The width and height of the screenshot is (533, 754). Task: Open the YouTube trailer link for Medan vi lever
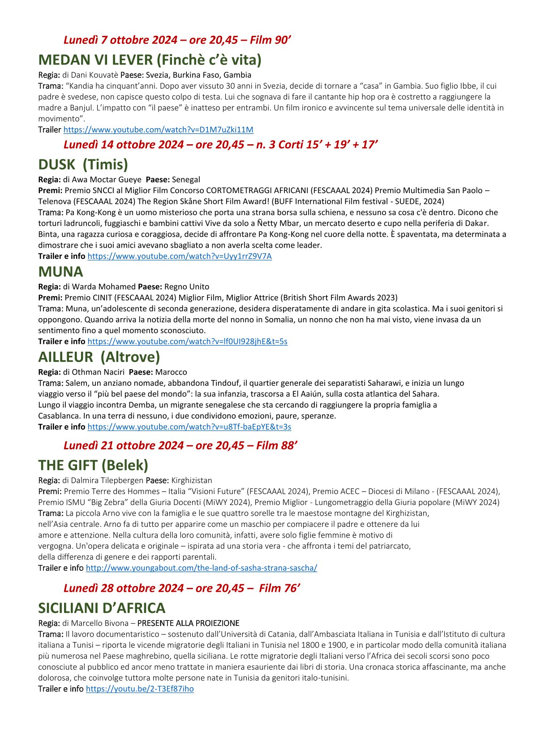(158, 130)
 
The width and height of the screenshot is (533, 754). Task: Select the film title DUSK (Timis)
(83, 164)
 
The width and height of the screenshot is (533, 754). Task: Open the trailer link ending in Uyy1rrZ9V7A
(179, 256)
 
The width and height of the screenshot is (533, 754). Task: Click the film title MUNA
(60, 272)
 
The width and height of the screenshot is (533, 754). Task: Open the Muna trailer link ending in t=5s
(187, 341)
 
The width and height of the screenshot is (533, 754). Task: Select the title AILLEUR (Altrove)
(99, 357)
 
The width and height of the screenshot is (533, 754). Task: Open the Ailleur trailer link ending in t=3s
(189, 427)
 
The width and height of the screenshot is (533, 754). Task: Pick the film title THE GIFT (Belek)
(93, 465)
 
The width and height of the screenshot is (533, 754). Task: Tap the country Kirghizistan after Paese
(192, 480)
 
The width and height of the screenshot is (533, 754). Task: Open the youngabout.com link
(201, 568)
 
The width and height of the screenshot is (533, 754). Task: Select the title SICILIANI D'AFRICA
(102, 608)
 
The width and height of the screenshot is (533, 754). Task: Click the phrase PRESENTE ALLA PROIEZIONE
(188, 623)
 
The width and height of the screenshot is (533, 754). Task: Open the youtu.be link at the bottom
(140, 689)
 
